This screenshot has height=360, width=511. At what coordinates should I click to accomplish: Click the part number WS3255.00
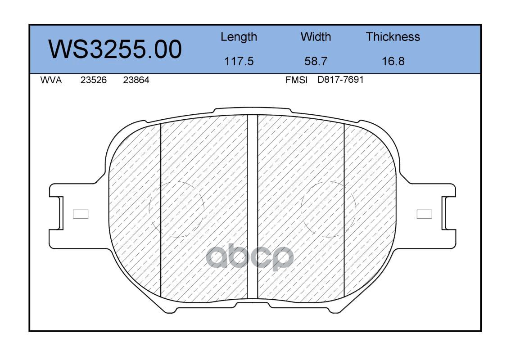(115, 49)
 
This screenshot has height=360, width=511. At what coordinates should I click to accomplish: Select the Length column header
(239, 37)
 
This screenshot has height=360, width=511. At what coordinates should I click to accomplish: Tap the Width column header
(316, 36)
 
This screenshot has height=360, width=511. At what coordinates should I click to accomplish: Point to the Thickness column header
(393, 36)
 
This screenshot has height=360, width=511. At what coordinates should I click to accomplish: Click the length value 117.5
(239, 61)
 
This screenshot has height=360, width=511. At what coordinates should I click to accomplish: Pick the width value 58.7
(316, 61)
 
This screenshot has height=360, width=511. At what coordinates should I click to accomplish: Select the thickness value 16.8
(393, 61)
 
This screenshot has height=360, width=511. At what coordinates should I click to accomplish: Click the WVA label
(51, 80)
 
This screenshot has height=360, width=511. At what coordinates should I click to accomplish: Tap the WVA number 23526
(94, 80)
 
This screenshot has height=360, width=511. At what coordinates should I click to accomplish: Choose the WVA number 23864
(136, 80)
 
